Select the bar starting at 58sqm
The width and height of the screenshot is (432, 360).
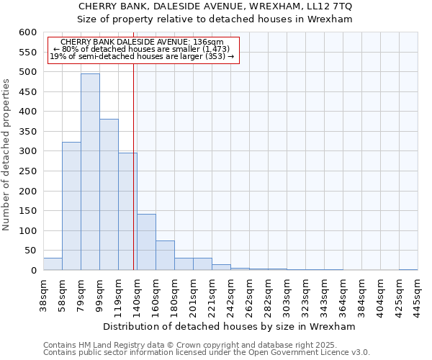click(71, 206)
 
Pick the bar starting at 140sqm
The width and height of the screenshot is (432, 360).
click(146, 242)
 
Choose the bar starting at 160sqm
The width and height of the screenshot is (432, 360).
click(165, 256)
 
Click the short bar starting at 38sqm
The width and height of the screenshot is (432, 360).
click(53, 264)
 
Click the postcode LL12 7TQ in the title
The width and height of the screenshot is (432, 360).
click(330, 6)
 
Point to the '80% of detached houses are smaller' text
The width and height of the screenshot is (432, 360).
click(142, 49)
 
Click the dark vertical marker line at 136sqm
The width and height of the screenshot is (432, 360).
click(134, 166)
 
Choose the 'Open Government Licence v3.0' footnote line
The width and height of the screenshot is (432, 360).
click(207, 352)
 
